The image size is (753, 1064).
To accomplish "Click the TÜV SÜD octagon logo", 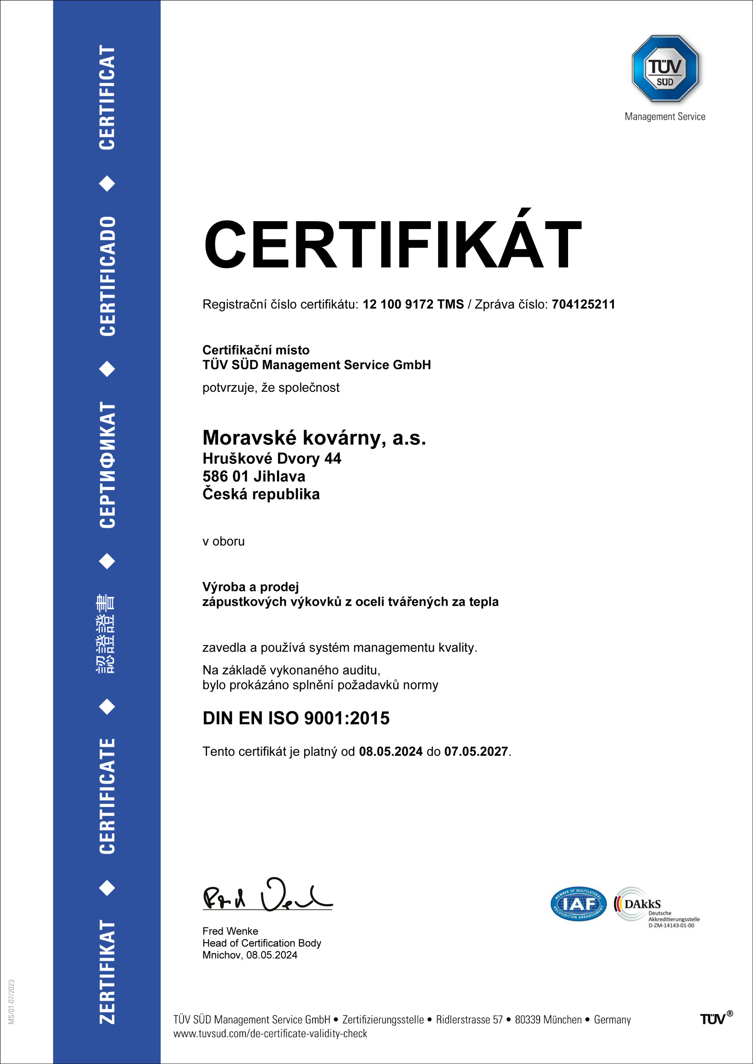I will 665,69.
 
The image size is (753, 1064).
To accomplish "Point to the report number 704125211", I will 583,304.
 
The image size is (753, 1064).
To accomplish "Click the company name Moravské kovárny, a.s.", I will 314,437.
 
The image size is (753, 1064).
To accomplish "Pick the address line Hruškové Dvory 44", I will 272,458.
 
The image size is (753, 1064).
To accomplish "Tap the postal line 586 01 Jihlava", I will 254,476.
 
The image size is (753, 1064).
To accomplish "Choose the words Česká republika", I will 261,494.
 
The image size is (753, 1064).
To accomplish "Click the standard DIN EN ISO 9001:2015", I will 296,718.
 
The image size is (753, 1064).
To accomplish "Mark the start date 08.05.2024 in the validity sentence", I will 390,752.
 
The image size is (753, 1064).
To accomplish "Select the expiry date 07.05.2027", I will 476,752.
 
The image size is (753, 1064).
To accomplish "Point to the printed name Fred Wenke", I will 230,931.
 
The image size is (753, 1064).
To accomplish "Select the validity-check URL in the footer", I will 270,1033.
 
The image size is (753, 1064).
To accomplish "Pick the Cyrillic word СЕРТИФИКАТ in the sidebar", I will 107,465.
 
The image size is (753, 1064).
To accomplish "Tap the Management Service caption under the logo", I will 665,117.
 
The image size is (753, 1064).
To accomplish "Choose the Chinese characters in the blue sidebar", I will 106,633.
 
